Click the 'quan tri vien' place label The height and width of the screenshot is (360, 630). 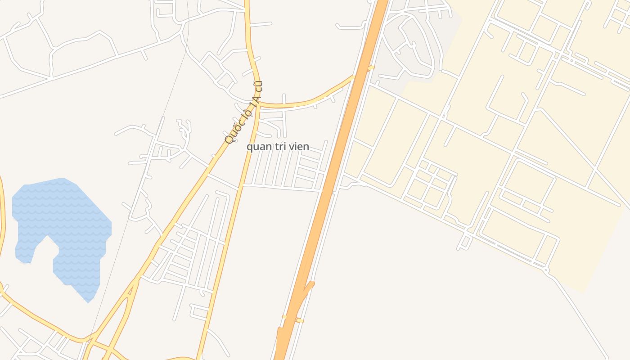tap(278, 147)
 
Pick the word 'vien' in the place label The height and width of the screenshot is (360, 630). tap(299, 147)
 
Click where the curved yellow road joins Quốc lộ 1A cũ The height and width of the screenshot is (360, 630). tap(260, 104)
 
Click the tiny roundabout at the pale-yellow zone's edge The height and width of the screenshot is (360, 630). tap(546, 270)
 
